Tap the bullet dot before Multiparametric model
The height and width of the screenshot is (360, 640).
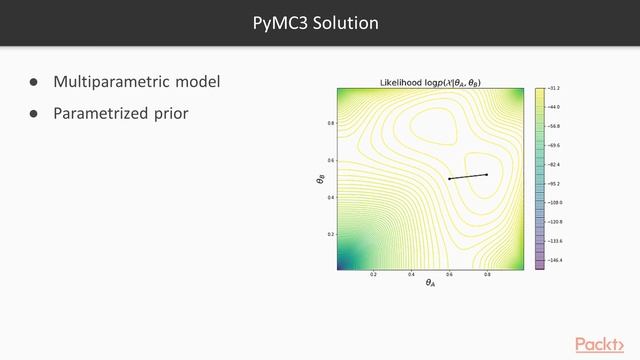[33, 81]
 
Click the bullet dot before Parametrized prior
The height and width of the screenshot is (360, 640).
[33, 113]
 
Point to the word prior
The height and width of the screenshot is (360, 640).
[168, 113]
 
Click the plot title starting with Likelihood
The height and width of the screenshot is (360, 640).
[430, 82]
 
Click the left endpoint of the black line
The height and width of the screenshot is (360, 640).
[449, 179]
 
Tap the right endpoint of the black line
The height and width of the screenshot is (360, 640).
[487, 175]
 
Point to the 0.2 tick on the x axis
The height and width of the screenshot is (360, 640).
[374, 274]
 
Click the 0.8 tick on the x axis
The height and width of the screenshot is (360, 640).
[487, 274]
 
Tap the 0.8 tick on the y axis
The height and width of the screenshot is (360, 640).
[331, 123]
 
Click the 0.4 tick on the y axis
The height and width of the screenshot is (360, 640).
[331, 197]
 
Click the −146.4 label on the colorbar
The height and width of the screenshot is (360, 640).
[554, 260]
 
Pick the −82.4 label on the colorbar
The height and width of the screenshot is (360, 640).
[554, 164]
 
